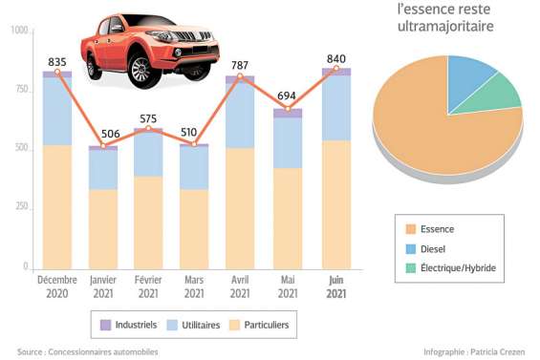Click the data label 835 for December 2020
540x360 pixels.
pyautogui.click(x=57, y=60)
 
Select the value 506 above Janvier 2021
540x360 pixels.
pyautogui.click(x=103, y=134)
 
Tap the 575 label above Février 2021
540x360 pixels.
pyautogui.click(x=149, y=118)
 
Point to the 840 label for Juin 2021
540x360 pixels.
pyautogui.click(x=336, y=58)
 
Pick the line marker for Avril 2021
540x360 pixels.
pyautogui.click(x=240, y=76)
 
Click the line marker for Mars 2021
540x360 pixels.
pyautogui.click(x=195, y=144)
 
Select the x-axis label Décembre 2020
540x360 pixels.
pyautogui.click(x=57, y=286)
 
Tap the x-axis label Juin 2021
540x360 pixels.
pyautogui.click(x=335, y=286)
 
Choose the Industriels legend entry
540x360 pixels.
pyautogui.click(x=124, y=326)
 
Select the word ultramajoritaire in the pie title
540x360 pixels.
pyautogui.click(x=444, y=27)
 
